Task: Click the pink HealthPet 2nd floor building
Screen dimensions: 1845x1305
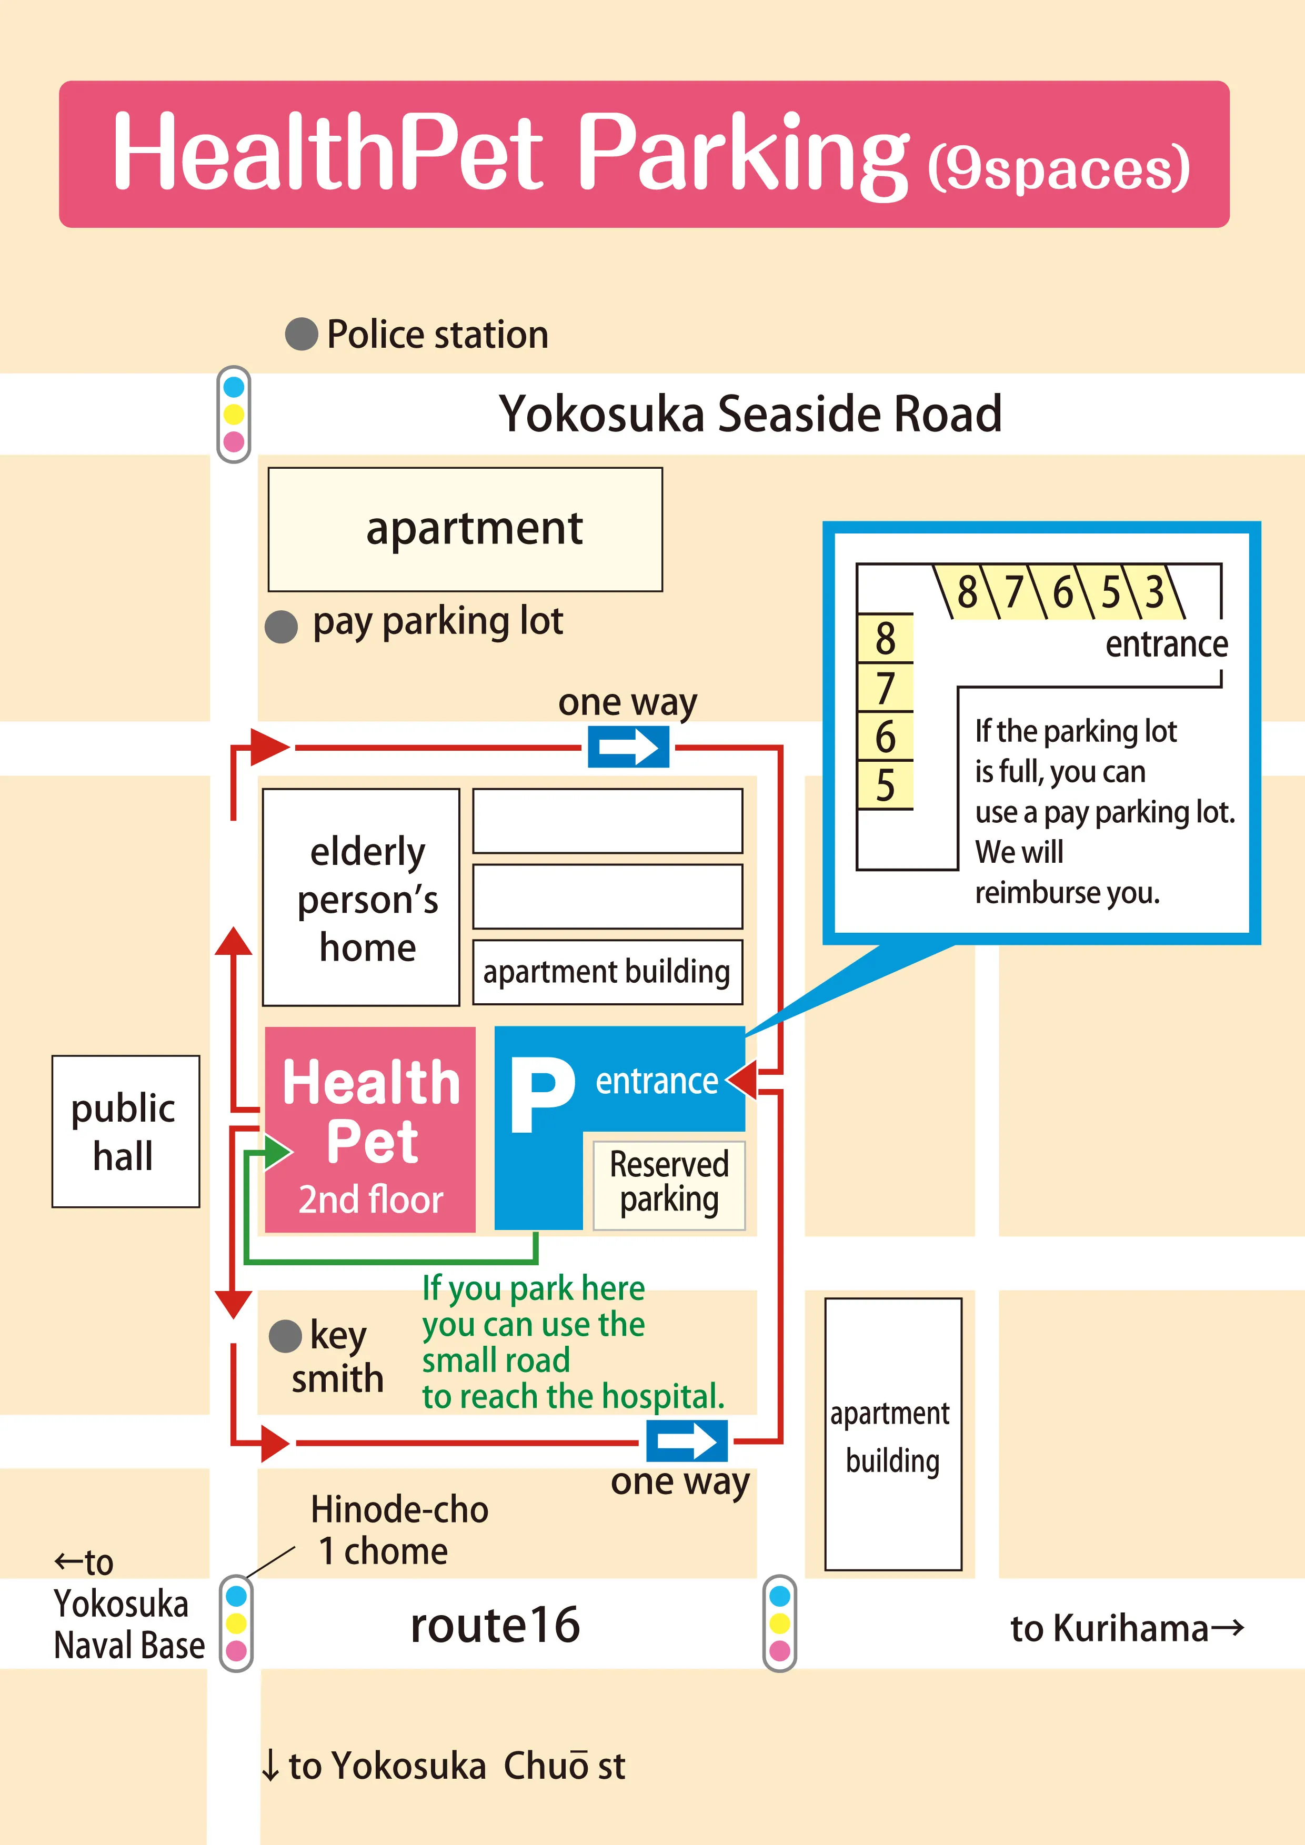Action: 370,1129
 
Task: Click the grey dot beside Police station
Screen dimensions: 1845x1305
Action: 302,334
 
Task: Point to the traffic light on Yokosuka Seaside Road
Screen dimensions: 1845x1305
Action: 234,415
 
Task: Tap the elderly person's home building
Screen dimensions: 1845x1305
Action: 361,897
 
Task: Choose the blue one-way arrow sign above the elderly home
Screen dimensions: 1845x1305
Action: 628,747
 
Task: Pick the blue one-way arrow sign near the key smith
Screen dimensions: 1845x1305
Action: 687,1441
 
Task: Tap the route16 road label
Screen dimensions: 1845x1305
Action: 495,1624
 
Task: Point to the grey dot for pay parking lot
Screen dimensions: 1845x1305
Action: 281,627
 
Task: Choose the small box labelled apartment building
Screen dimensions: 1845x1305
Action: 607,972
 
